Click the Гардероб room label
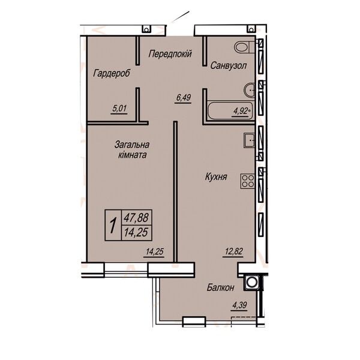click(112, 74)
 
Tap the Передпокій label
click(170, 54)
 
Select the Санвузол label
click(229, 65)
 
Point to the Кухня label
click(216, 177)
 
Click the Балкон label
click(220, 287)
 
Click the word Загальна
click(132, 145)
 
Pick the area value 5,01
click(119, 109)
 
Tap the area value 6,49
click(184, 97)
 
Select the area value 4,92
click(241, 111)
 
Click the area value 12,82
click(233, 251)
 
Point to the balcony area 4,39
click(239, 305)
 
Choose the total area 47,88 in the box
click(136, 217)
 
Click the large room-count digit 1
click(113, 226)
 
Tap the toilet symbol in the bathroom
click(245, 47)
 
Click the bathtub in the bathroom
click(230, 110)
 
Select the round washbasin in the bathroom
click(250, 90)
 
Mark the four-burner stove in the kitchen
click(248, 181)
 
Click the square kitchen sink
click(250, 140)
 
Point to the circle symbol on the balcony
click(252, 282)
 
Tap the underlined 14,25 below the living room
click(155, 251)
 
